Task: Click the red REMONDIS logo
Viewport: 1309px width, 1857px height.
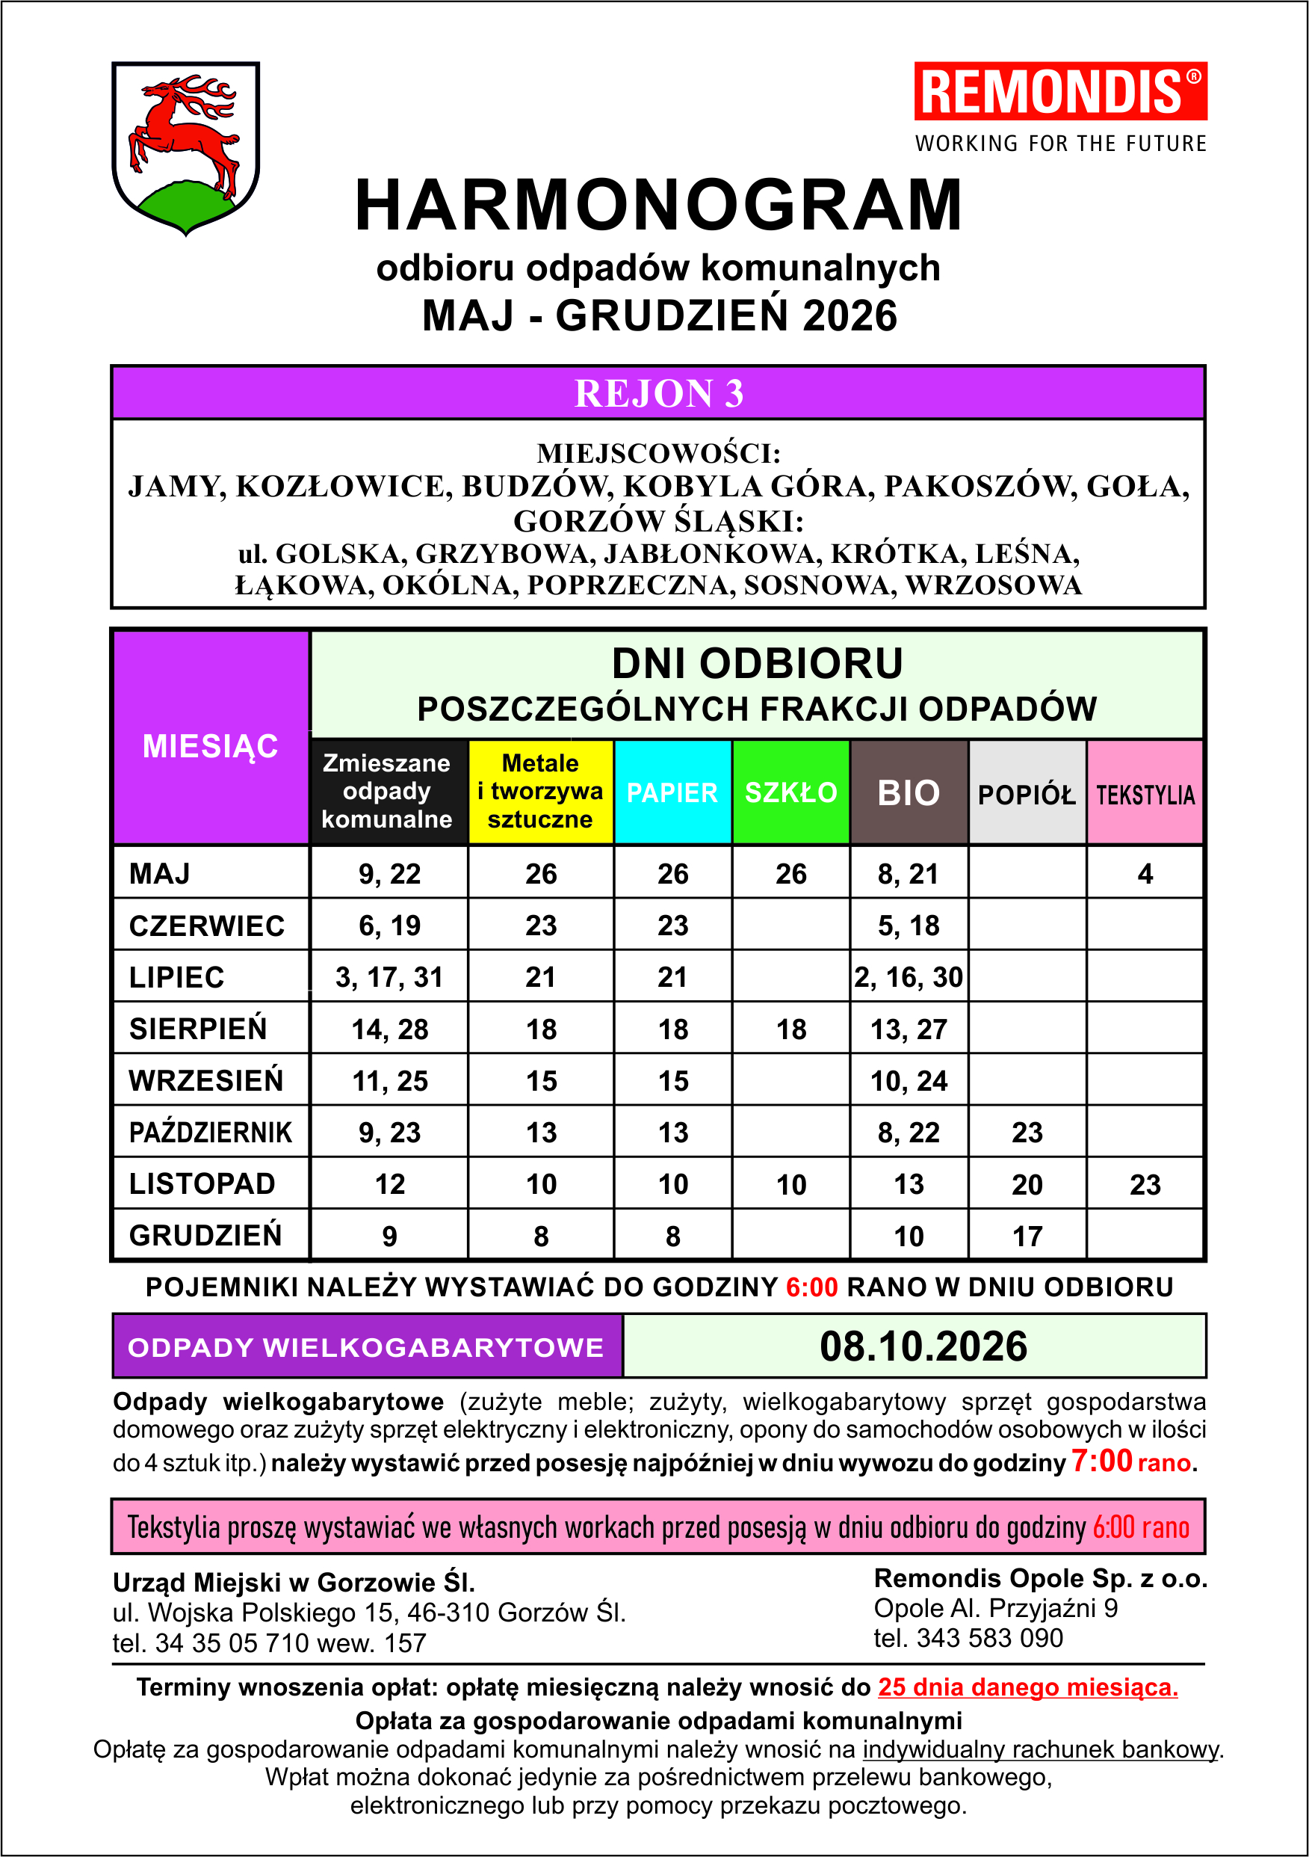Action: pos(1060,90)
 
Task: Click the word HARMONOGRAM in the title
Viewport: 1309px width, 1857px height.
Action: pos(658,206)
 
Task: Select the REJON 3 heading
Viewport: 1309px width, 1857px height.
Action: pos(658,393)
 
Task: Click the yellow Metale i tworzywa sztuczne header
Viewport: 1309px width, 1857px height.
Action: pos(540,791)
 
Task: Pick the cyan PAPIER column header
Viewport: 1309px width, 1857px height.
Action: pos(672,792)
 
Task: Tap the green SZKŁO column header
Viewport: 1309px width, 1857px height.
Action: pos(790,792)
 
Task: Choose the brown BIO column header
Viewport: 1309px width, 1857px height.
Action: pos(908,792)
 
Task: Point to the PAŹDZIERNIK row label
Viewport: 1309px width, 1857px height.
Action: pos(210,1132)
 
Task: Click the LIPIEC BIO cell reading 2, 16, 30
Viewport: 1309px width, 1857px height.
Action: pos(908,977)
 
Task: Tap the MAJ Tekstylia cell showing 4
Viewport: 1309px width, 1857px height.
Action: pos(1145,873)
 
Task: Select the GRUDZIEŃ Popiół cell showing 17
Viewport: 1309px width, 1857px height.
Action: pos(1027,1236)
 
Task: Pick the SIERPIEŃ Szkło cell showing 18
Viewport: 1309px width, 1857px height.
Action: pos(790,1029)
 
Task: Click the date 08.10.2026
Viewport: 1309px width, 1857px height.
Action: pos(923,1346)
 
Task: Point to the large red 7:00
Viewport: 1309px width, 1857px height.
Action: pos(1101,1461)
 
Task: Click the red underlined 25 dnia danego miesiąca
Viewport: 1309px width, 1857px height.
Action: pos(1027,1687)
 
